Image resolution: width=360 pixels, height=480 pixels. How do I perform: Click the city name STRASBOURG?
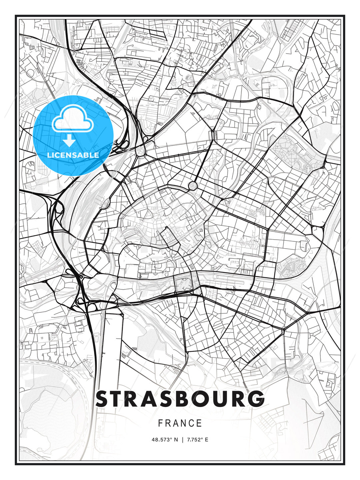[180, 399]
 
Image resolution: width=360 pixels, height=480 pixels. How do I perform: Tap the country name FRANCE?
[180, 423]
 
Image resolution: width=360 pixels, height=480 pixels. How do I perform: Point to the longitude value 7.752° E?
[198, 440]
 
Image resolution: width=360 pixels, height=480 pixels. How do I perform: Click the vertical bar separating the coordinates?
[182, 440]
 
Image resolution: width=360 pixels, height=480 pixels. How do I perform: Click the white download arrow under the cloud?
[69, 141]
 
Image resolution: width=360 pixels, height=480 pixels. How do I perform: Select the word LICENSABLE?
[73, 155]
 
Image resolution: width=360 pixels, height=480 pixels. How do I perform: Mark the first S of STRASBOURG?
[103, 399]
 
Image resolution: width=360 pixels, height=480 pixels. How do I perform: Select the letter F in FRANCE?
[160, 423]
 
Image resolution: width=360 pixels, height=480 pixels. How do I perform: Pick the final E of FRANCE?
[199, 423]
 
